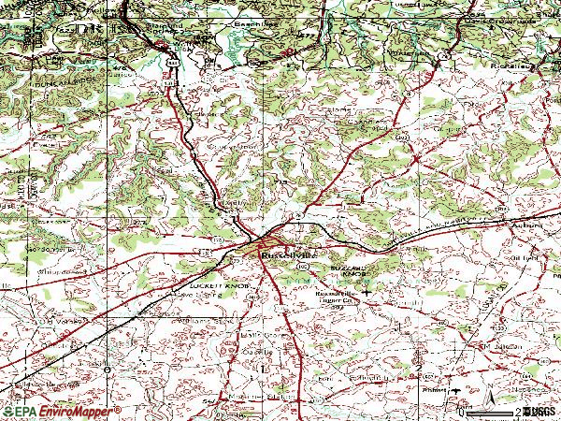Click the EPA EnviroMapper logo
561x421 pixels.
pos(61,412)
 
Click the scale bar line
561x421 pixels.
pos(491,413)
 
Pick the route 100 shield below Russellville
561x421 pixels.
pos(302,267)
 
